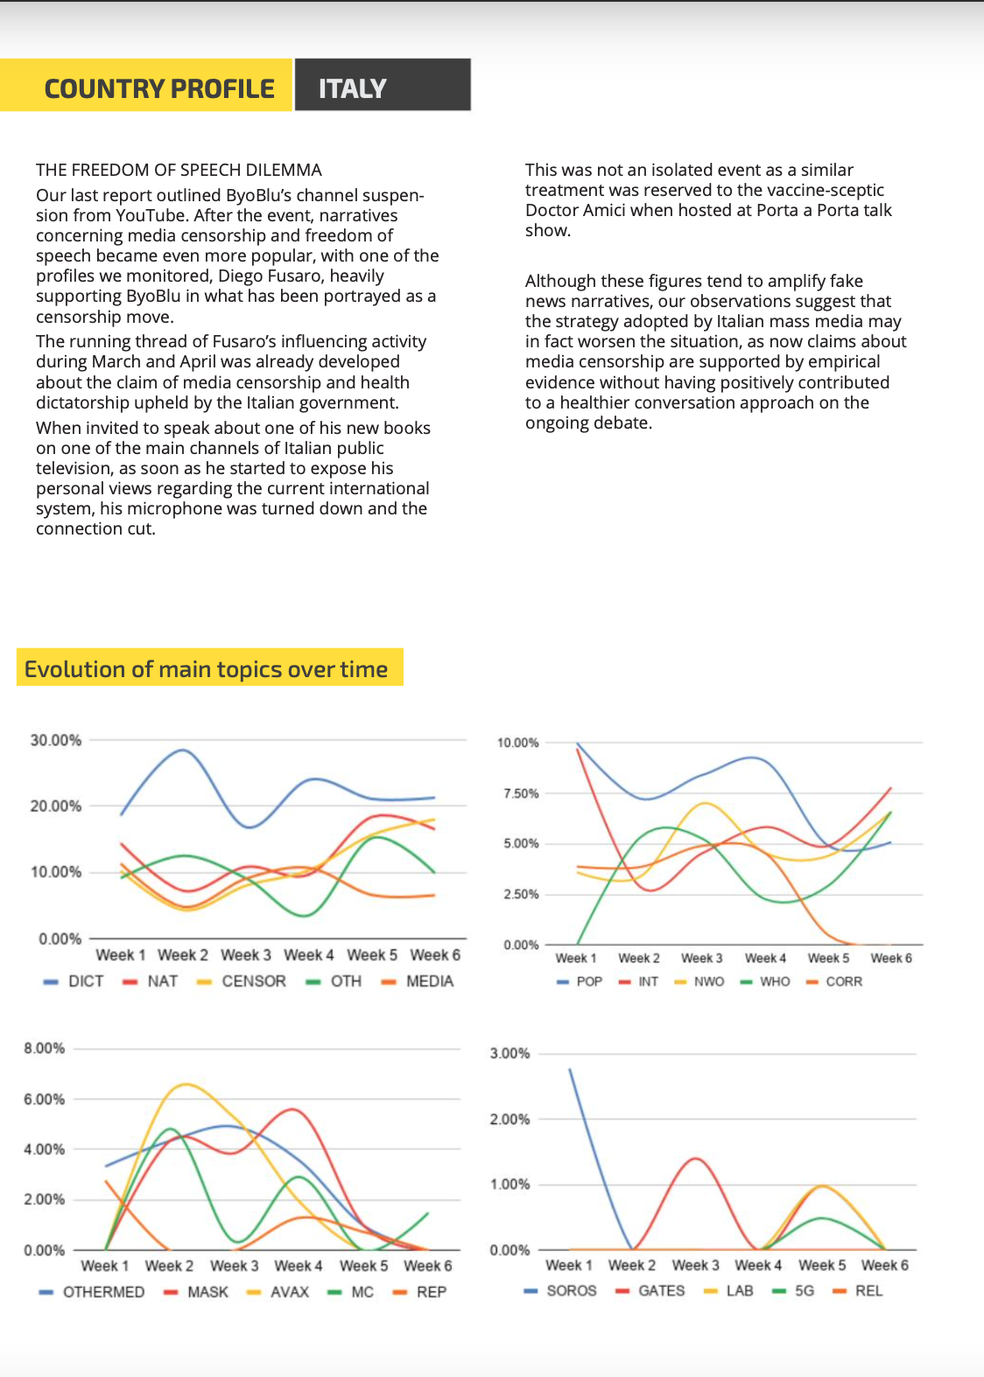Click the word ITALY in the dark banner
353,89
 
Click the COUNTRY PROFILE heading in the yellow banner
159,89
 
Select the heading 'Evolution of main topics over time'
206,669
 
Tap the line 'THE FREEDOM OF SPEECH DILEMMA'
179,170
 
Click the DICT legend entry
74,981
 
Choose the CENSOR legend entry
241,981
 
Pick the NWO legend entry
699,982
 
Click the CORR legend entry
834,982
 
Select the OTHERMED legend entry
91,1292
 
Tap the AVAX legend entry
278,1292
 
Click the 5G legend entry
793,1291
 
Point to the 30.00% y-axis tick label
56,740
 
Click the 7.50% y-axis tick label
521,793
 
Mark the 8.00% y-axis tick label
45,1048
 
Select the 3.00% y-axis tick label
510,1053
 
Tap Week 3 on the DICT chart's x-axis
246,954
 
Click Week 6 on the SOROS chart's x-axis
884,1265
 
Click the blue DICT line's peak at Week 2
183,750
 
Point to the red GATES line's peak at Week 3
696,1159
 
